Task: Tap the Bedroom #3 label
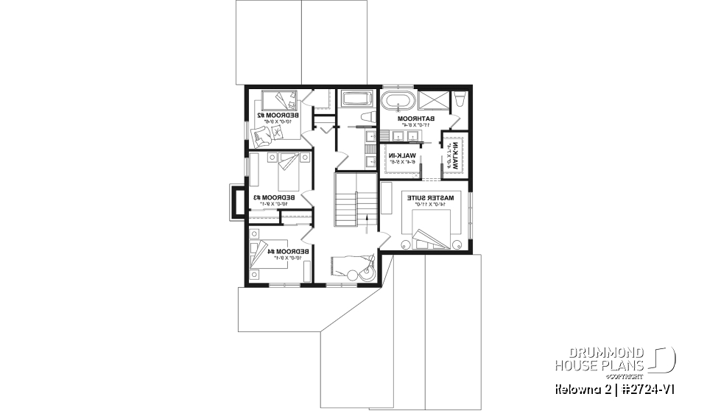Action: pyautogui.click(x=275, y=200)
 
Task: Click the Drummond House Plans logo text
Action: pyautogui.click(x=600, y=359)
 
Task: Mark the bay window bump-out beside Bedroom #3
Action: pyautogui.click(x=238, y=202)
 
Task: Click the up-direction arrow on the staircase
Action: pyautogui.click(x=363, y=219)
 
